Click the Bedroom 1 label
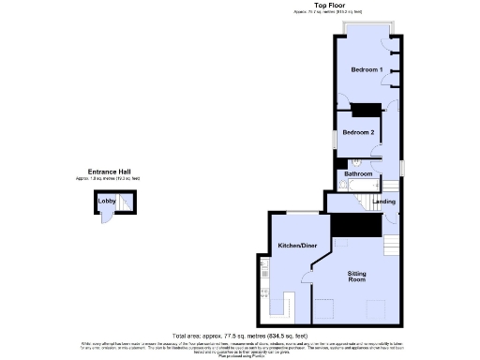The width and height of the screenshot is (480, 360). (x=366, y=70)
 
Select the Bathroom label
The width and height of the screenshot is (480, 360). (x=358, y=173)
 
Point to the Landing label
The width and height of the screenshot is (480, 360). (x=383, y=202)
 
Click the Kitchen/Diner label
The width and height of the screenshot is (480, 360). (x=293, y=246)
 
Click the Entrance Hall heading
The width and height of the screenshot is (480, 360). (x=110, y=172)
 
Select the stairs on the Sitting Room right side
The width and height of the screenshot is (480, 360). (x=392, y=248)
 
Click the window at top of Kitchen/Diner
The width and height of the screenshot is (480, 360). (x=299, y=213)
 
